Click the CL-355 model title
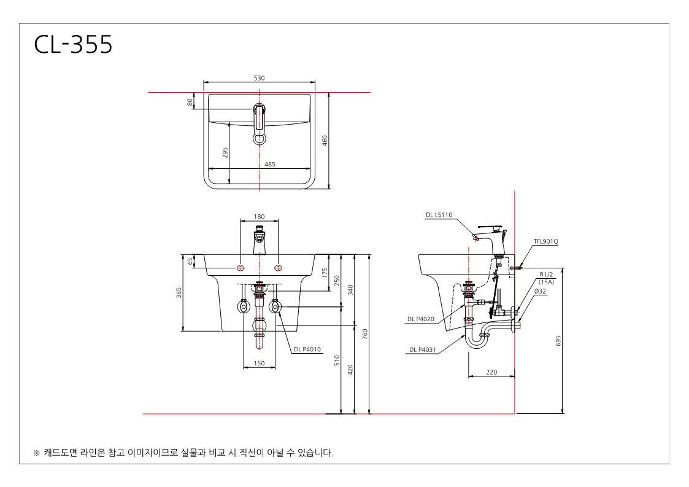click(x=74, y=44)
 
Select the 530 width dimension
click(x=260, y=78)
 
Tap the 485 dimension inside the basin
click(x=270, y=164)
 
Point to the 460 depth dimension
click(x=325, y=141)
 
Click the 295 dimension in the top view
click(x=225, y=153)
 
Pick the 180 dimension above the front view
click(x=260, y=216)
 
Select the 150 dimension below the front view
click(x=260, y=364)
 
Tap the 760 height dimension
click(x=364, y=334)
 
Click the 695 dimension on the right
click(x=558, y=341)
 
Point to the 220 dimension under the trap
click(x=491, y=372)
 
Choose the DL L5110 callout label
click(x=439, y=215)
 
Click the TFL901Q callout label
click(x=546, y=241)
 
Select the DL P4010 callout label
click(x=307, y=349)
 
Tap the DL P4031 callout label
click(x=423, y=349)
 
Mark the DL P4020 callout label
click(x=421, y=319)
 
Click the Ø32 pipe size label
click(x=541, y=291)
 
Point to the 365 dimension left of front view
click(x=179, y=292)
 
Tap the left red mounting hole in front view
click(x=241, y=268)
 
